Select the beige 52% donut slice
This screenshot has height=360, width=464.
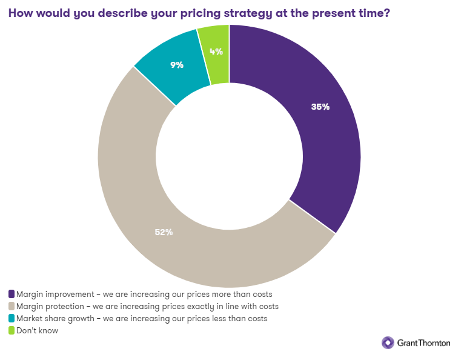tap(139, 212)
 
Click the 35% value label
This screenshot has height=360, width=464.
tap(320, 107)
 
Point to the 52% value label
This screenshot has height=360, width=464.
tap(164, 232)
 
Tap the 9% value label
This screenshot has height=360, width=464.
tap(177, 64)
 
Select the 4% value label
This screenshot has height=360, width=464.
tap(215, 52)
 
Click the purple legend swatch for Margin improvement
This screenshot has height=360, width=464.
tap(12, 294)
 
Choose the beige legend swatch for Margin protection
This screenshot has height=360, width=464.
tap(12, 306)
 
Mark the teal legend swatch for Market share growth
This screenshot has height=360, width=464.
tap(12, 318)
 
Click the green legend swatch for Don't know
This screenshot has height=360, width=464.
tap(12, 330)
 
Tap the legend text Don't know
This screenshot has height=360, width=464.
tap(38, 330)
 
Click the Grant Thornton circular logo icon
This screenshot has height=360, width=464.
tap(388, 342)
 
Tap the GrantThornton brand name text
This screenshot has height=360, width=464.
tap(424, 342)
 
